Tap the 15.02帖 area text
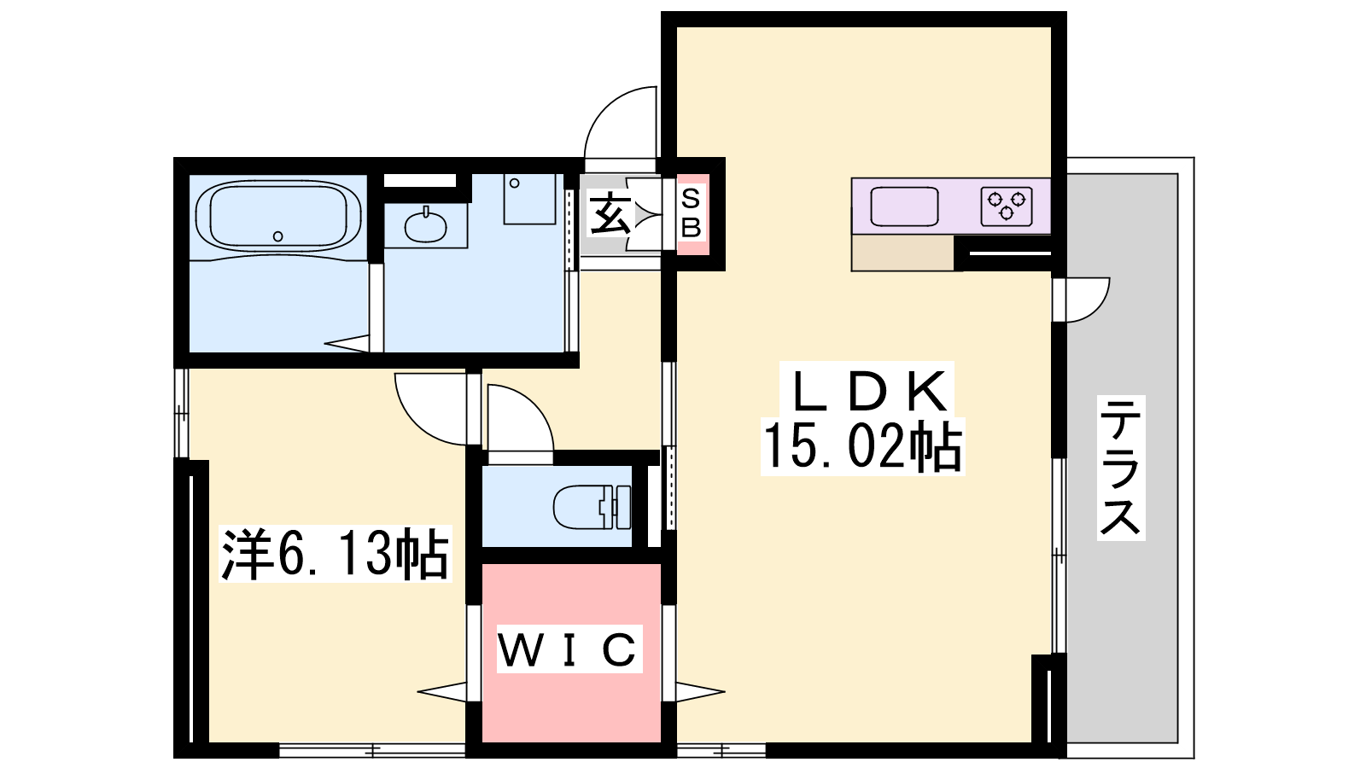click(x=862, y=447)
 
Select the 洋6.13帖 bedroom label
click(x=335, y=554)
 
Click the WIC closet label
click(x=569, y=649)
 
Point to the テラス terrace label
click(x=1121, y=468)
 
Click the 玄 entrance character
click(x=610, y=213)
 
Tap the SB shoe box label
click(x=691, y=213)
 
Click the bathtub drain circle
click(x=278, y=236)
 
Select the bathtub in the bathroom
click(x=278, y=215)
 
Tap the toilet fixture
click(x=592, y=507)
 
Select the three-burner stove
click(x=1007, y=207)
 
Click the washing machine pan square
click(x=529, y=199)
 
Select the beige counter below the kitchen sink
click(x=902, y=253)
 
